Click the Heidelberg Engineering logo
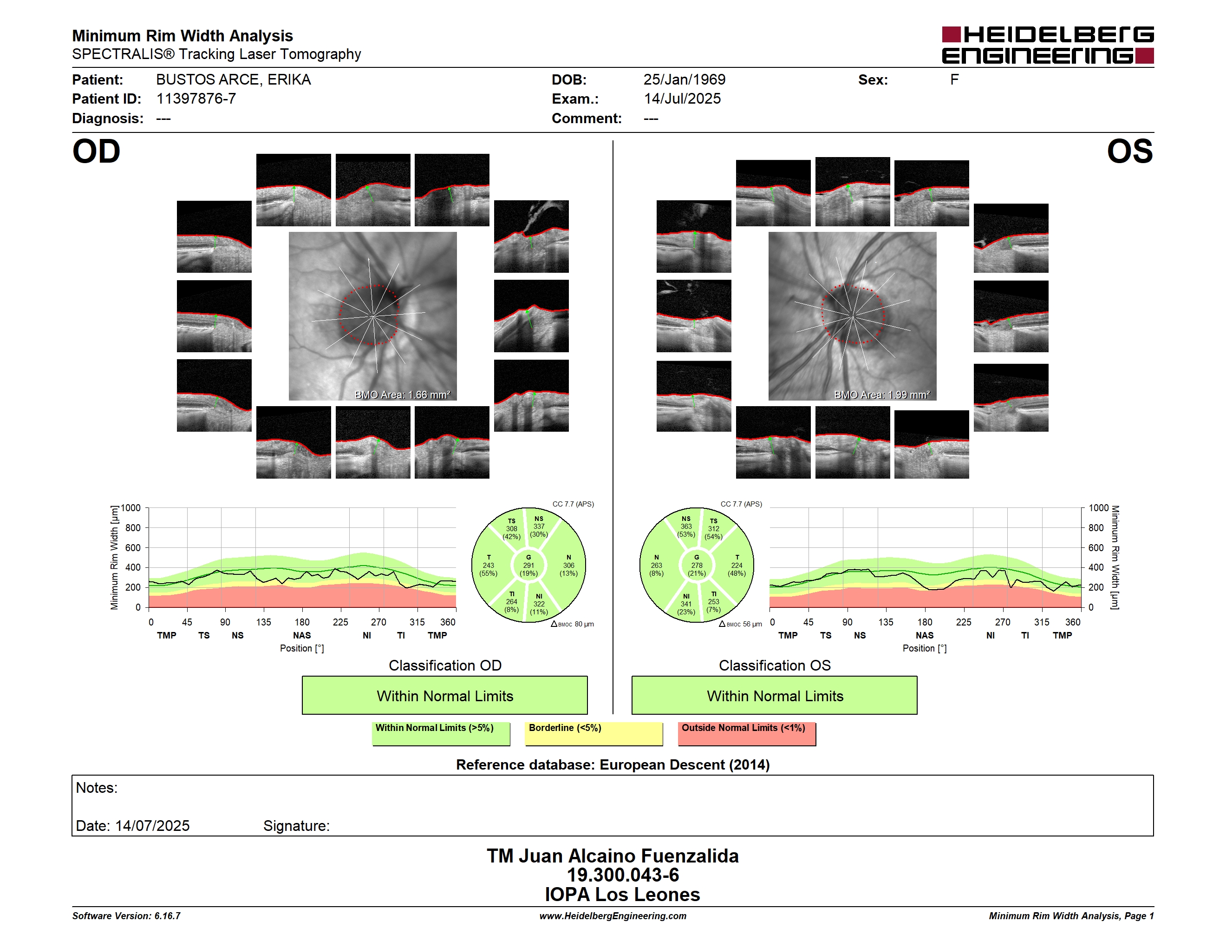(1048, 45)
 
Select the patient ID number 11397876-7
(196, 99)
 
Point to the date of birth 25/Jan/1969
(685, 80)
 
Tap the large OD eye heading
(96, 151)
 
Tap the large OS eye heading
(1129, 151)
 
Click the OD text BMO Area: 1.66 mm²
(403, 395)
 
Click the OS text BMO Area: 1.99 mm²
(882, 395)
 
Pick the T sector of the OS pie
(736, 565)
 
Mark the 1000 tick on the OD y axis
(131, 508)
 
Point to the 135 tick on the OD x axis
(263, 622)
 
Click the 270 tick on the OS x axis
(1003, 622)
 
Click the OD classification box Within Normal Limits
(444, 695)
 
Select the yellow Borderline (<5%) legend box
(594, 733)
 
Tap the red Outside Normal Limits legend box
(747, 733)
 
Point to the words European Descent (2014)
(685, 765)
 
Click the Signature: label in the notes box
(296, 826)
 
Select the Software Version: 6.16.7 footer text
(126, 916)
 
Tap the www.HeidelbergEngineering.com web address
(613, 916)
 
